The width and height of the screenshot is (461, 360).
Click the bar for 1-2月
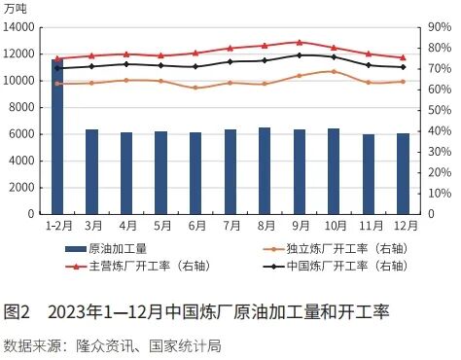point(57,136)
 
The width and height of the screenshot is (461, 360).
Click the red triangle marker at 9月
point(299,42)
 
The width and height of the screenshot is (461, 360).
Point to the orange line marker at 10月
point(334,71)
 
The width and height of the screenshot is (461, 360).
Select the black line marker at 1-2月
point(57,68)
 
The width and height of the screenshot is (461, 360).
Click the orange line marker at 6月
point(195,88)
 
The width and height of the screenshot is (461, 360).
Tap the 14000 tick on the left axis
point(20,27)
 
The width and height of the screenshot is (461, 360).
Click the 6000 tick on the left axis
point(23,133)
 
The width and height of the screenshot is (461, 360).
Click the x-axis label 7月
point(230,226)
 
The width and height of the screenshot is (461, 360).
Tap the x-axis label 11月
point(368,226)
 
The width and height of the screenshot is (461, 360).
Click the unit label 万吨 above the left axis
point(18,8)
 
